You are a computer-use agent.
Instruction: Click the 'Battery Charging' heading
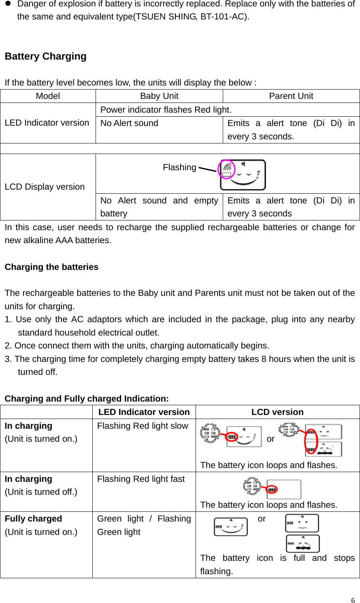(x=45, y=56)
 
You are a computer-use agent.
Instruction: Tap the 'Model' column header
(x=48, y=96)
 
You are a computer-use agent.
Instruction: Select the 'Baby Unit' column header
(x=159, y=96)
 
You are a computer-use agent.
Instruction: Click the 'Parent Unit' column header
(x=291, y=96)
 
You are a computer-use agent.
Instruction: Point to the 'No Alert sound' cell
(x=129, y=123)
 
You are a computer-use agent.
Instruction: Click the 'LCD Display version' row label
(x=45, y=187)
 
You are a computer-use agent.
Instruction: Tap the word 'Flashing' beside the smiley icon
(x=179, y=167)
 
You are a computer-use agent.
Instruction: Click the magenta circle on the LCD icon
(x=226, y=169)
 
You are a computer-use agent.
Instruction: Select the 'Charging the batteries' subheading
(x=51, y=267)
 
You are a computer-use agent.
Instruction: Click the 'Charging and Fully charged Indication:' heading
(x=87, y=399)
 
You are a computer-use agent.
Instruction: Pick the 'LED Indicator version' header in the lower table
(x=144, y=412)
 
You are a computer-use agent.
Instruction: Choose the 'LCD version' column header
(x=277, y=412)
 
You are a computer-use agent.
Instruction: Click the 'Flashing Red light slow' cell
(x=143, y=426)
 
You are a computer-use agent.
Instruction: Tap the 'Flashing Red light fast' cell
(x=141, y=479)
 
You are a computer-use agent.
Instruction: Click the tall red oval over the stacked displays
(x=311, y=441)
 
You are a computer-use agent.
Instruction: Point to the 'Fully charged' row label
(x=33, y=519)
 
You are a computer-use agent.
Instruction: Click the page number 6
(x=353, y=600)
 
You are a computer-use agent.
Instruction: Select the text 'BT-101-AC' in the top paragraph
(x=223, y=17)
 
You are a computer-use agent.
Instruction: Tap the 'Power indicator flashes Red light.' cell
(x=166, y=110)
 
